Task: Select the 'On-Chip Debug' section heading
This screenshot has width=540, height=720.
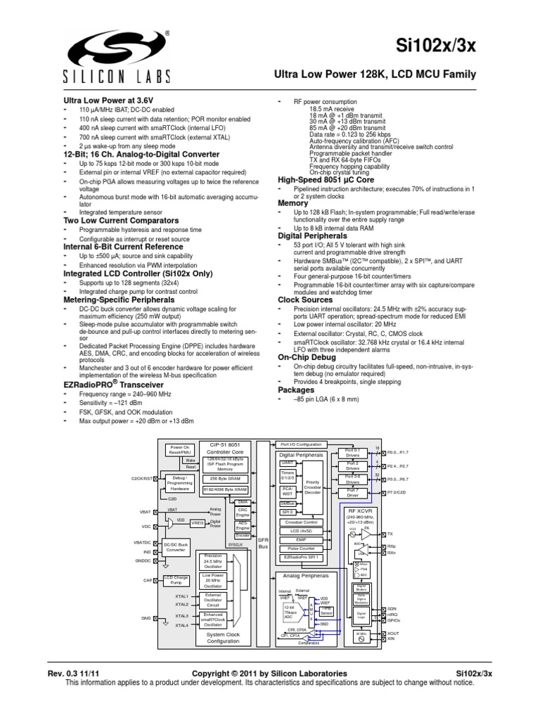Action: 307,356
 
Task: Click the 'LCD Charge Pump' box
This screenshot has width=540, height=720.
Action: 176,580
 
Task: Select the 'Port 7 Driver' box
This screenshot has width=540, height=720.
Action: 353,493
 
